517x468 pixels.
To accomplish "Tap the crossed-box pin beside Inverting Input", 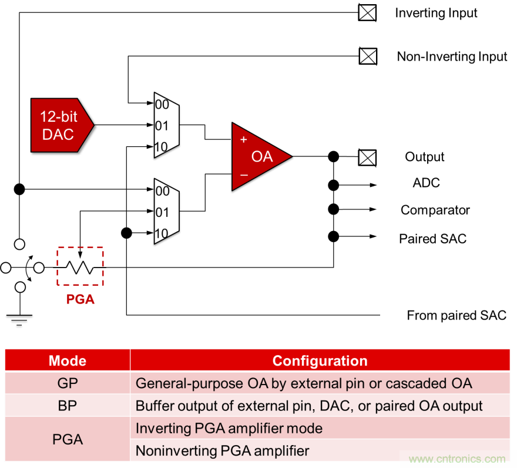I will [x=367, y=12].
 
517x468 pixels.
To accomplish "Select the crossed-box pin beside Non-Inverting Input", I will [x=368, y=56].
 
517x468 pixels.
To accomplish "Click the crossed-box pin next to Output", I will [x=367, y=158].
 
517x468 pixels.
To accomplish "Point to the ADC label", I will [x=426, y=183].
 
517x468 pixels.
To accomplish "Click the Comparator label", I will [x=435, y=210].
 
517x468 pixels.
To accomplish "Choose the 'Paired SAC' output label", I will [x=432, y=238].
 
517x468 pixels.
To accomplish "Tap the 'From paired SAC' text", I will [x=456, y=315].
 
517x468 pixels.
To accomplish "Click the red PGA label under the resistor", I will [x=80, y=299].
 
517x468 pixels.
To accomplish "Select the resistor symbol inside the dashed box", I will [x=80, y=268].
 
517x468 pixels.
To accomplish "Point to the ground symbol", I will [x=19, y=318].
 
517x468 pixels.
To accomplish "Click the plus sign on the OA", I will [x=243, y=140].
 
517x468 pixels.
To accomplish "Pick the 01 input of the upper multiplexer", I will [x=162, y=125].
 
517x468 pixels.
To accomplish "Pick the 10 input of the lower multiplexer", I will [x=162, y=233].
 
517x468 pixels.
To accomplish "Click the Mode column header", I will [x=68, y=360].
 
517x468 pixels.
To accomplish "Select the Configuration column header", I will [x=320, y=360].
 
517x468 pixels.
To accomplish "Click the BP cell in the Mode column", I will [x=68, y=406].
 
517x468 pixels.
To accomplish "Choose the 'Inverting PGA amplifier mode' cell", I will [x=229, y=428].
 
